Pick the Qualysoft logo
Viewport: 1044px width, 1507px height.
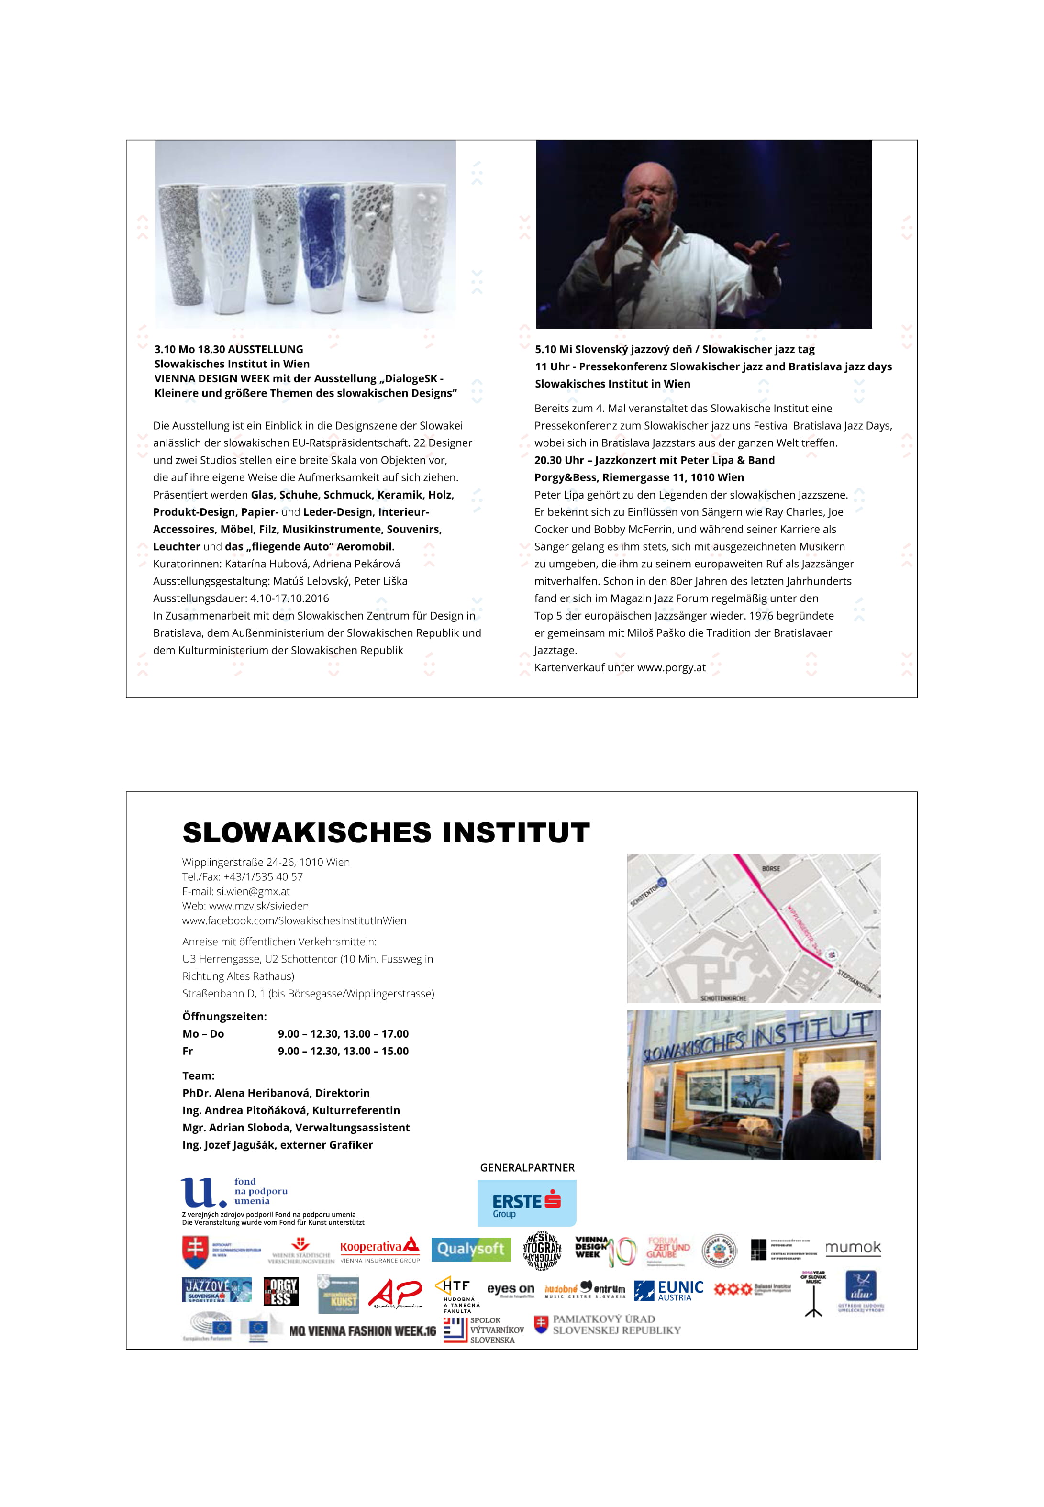[x=470, y=1249]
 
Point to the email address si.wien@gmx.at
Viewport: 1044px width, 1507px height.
[x=253, y=891]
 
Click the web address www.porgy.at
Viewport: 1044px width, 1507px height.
[x=671, y=667]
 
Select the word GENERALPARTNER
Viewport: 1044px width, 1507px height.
[x=527, y=1167]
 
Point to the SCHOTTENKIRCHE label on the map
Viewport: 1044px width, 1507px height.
[x=723, y=998]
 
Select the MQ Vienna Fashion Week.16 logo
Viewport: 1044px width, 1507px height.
[x=362, y=1330]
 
